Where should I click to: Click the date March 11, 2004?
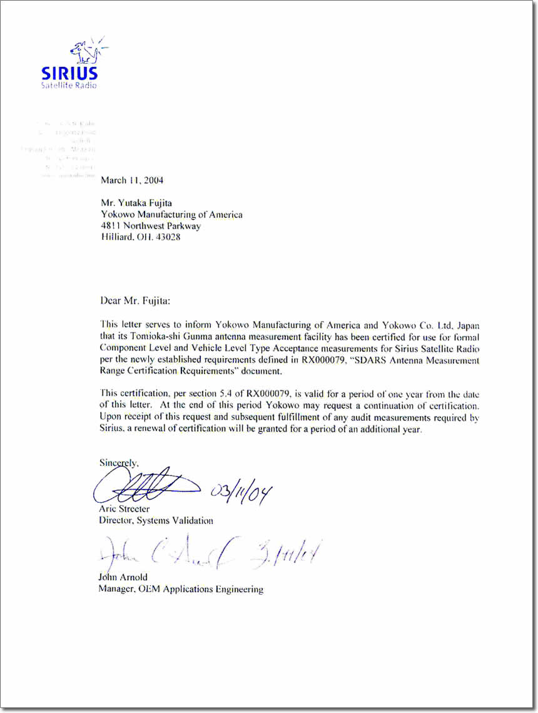[132, 180]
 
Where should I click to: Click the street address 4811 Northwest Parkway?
[151, 226]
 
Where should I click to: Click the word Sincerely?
[119, 463]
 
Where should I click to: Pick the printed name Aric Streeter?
[124, 509]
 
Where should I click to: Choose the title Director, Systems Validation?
[156, 520]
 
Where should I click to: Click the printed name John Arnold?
[123, 577]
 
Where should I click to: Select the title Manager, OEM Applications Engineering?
[181, 589]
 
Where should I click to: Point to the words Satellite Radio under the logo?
[69, 85]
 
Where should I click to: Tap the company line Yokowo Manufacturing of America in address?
[171, 215]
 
